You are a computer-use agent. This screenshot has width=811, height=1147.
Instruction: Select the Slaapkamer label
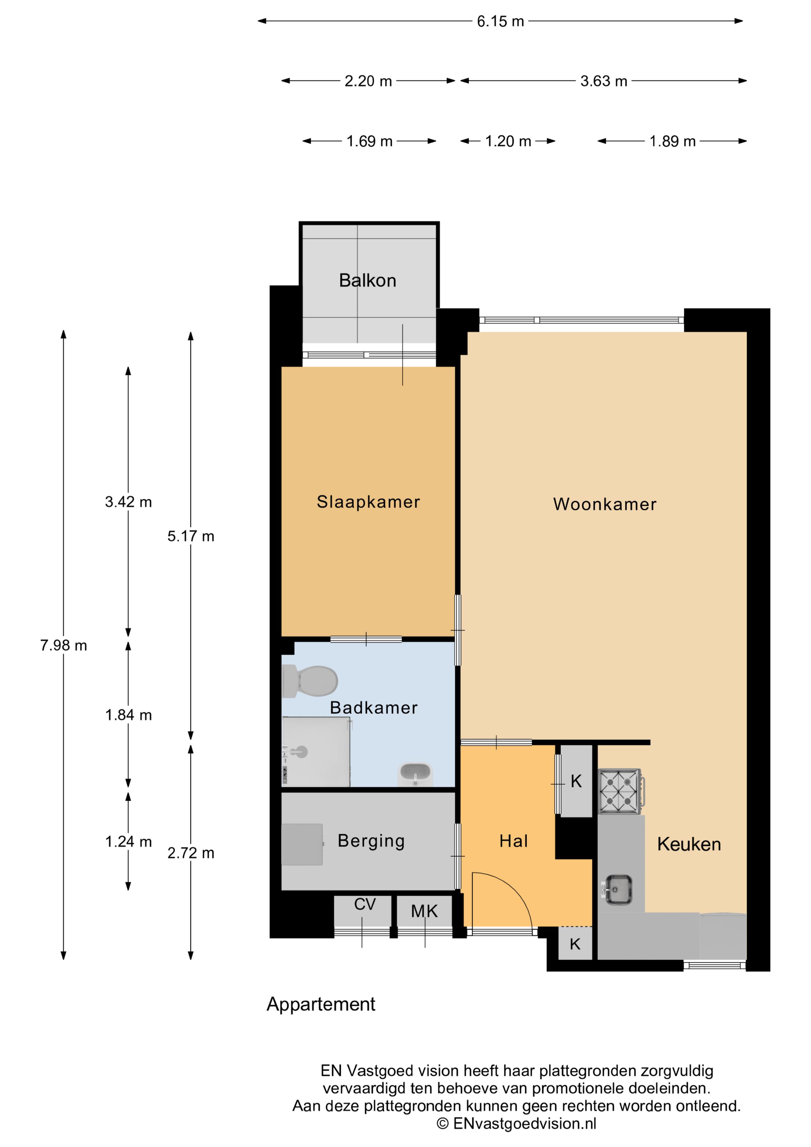click(x=368, y=502)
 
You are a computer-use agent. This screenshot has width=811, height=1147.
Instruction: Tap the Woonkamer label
click(x=605, y=504)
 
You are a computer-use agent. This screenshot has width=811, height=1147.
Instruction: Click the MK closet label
click(x=424, y=911)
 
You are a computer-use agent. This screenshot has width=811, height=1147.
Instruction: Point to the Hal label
click(x=513, y=841)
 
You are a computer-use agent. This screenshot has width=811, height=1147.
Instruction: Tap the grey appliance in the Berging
click(x=302, y=844)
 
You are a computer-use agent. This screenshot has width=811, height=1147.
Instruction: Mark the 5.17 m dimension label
click(x=190, y=537)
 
